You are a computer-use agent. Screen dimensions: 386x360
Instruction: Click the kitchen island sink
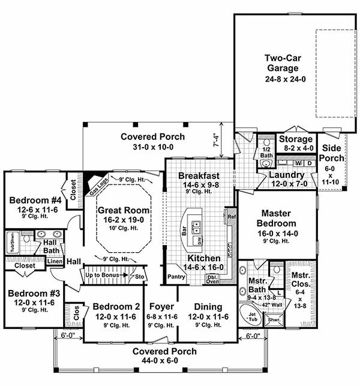198,226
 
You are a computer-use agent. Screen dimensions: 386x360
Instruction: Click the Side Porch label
332,153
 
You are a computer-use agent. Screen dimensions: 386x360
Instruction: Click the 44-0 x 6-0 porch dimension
158,360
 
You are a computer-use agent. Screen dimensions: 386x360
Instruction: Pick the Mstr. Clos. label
300,282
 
